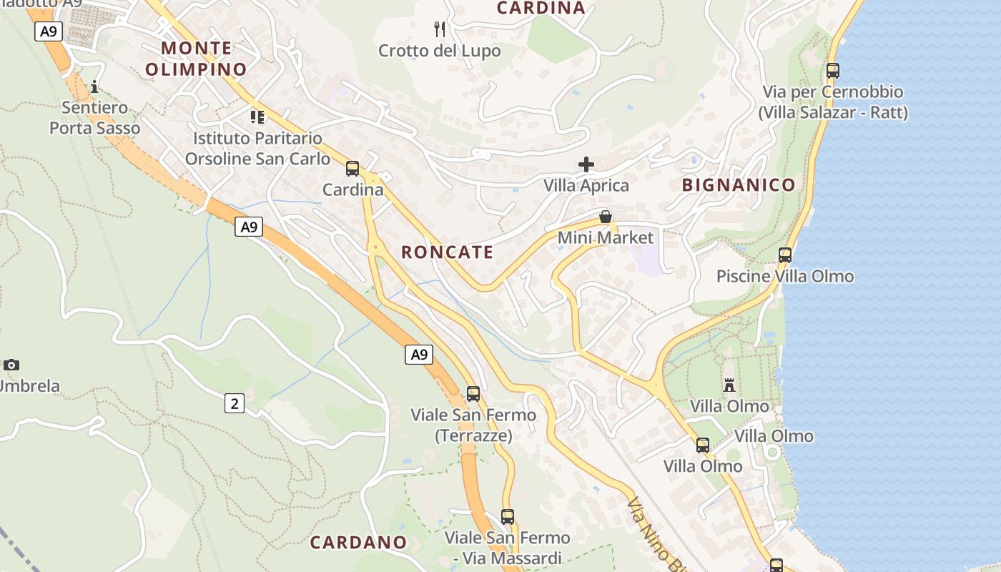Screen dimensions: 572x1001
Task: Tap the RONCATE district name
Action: coord(447,252)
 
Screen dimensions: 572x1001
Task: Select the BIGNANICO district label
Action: coord(739,185)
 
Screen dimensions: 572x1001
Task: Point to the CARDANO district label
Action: coord(358,542)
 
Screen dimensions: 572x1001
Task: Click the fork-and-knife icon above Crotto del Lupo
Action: coord(440,29)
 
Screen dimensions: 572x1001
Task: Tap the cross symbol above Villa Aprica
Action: coord(586,164)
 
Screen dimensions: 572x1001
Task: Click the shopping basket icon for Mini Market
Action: coord(606,217)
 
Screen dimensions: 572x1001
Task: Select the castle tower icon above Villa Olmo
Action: coord(729,385)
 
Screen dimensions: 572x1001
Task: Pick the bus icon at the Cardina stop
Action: coord(352,169)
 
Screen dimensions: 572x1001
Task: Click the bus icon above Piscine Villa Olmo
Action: coord(785,255)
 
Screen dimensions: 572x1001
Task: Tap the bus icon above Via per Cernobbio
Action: coord(833,71)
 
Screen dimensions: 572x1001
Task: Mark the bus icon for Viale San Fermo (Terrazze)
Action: coord(473,394)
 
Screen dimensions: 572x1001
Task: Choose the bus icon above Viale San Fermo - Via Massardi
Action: coord(508,517)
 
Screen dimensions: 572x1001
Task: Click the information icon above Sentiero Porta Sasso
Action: coord(94,87)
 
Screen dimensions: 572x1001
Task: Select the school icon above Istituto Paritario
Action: coord(257,117)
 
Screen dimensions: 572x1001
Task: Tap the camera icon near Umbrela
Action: coord(11,365)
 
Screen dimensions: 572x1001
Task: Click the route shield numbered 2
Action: coord(235,404)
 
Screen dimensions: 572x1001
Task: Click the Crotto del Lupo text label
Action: coord(440,51)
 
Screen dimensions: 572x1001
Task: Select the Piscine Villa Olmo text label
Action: coord(785,277)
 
